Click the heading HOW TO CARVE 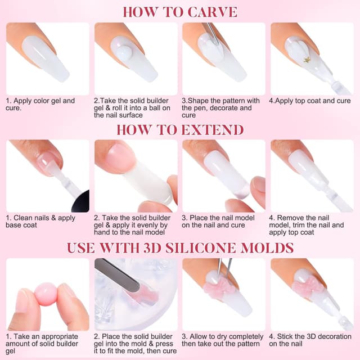point(179,12)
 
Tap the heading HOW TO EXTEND point(179,130)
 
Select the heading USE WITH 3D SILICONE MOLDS point(179,248)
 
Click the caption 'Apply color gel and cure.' point(40,105)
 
